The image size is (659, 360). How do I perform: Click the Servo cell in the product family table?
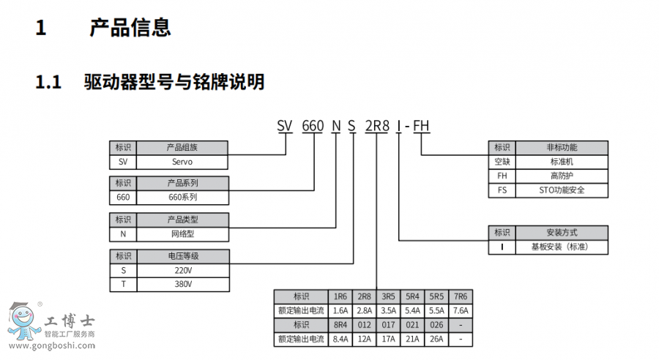(x=182, y=162)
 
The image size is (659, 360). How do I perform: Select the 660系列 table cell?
(x=182, y=198)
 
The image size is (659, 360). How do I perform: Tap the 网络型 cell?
(x=182, y=234)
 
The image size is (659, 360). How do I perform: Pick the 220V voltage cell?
(x=182, y=270)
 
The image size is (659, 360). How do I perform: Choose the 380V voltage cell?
(x=182, y=284)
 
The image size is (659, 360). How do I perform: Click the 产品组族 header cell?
(x=182, y=147)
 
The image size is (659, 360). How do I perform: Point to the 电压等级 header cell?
(x=182, y=256)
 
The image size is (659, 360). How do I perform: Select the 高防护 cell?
(x=562, y=176)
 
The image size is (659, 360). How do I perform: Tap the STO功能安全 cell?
(x=562, y=190)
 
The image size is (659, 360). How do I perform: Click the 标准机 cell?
(x=562, y=161)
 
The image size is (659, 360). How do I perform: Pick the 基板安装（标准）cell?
(x=562, y=247)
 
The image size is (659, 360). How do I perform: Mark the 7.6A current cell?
(x=460, y=310)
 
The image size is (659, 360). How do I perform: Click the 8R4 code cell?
(x=340, y=324)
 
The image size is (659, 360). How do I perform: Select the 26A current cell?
(x=436, y=339)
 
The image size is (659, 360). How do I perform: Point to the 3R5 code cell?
(x=388, y=296)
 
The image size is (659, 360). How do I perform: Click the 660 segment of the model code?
(x=313, y=125)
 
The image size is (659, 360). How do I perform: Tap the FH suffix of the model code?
(x=421, y=125)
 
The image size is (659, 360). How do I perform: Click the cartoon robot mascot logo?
(x=23, y=320)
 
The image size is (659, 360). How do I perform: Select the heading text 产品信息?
(x=130, y=28)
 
